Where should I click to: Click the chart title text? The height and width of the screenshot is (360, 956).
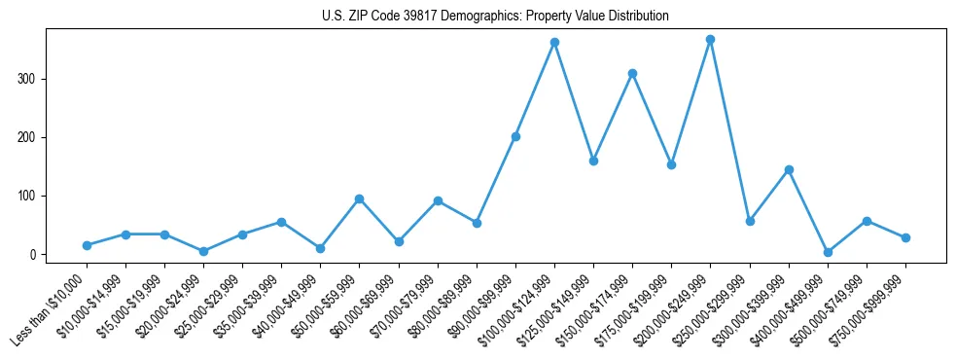495,17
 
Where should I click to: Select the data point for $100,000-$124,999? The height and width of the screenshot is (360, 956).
554,43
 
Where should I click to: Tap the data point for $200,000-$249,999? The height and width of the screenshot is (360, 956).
711,40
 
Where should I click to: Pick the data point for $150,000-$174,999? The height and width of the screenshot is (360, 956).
632,73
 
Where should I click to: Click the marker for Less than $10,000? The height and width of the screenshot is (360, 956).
87,245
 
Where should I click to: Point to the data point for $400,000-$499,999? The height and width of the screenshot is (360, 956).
828,252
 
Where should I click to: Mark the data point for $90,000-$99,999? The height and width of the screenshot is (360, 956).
515,136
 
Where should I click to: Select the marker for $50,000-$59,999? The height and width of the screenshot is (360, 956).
360,198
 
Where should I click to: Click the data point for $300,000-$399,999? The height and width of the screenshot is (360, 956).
789,169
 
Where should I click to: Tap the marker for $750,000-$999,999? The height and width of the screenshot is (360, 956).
905,237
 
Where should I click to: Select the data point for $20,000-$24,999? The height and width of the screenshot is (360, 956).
203,251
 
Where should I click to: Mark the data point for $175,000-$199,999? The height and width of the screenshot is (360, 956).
671,164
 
